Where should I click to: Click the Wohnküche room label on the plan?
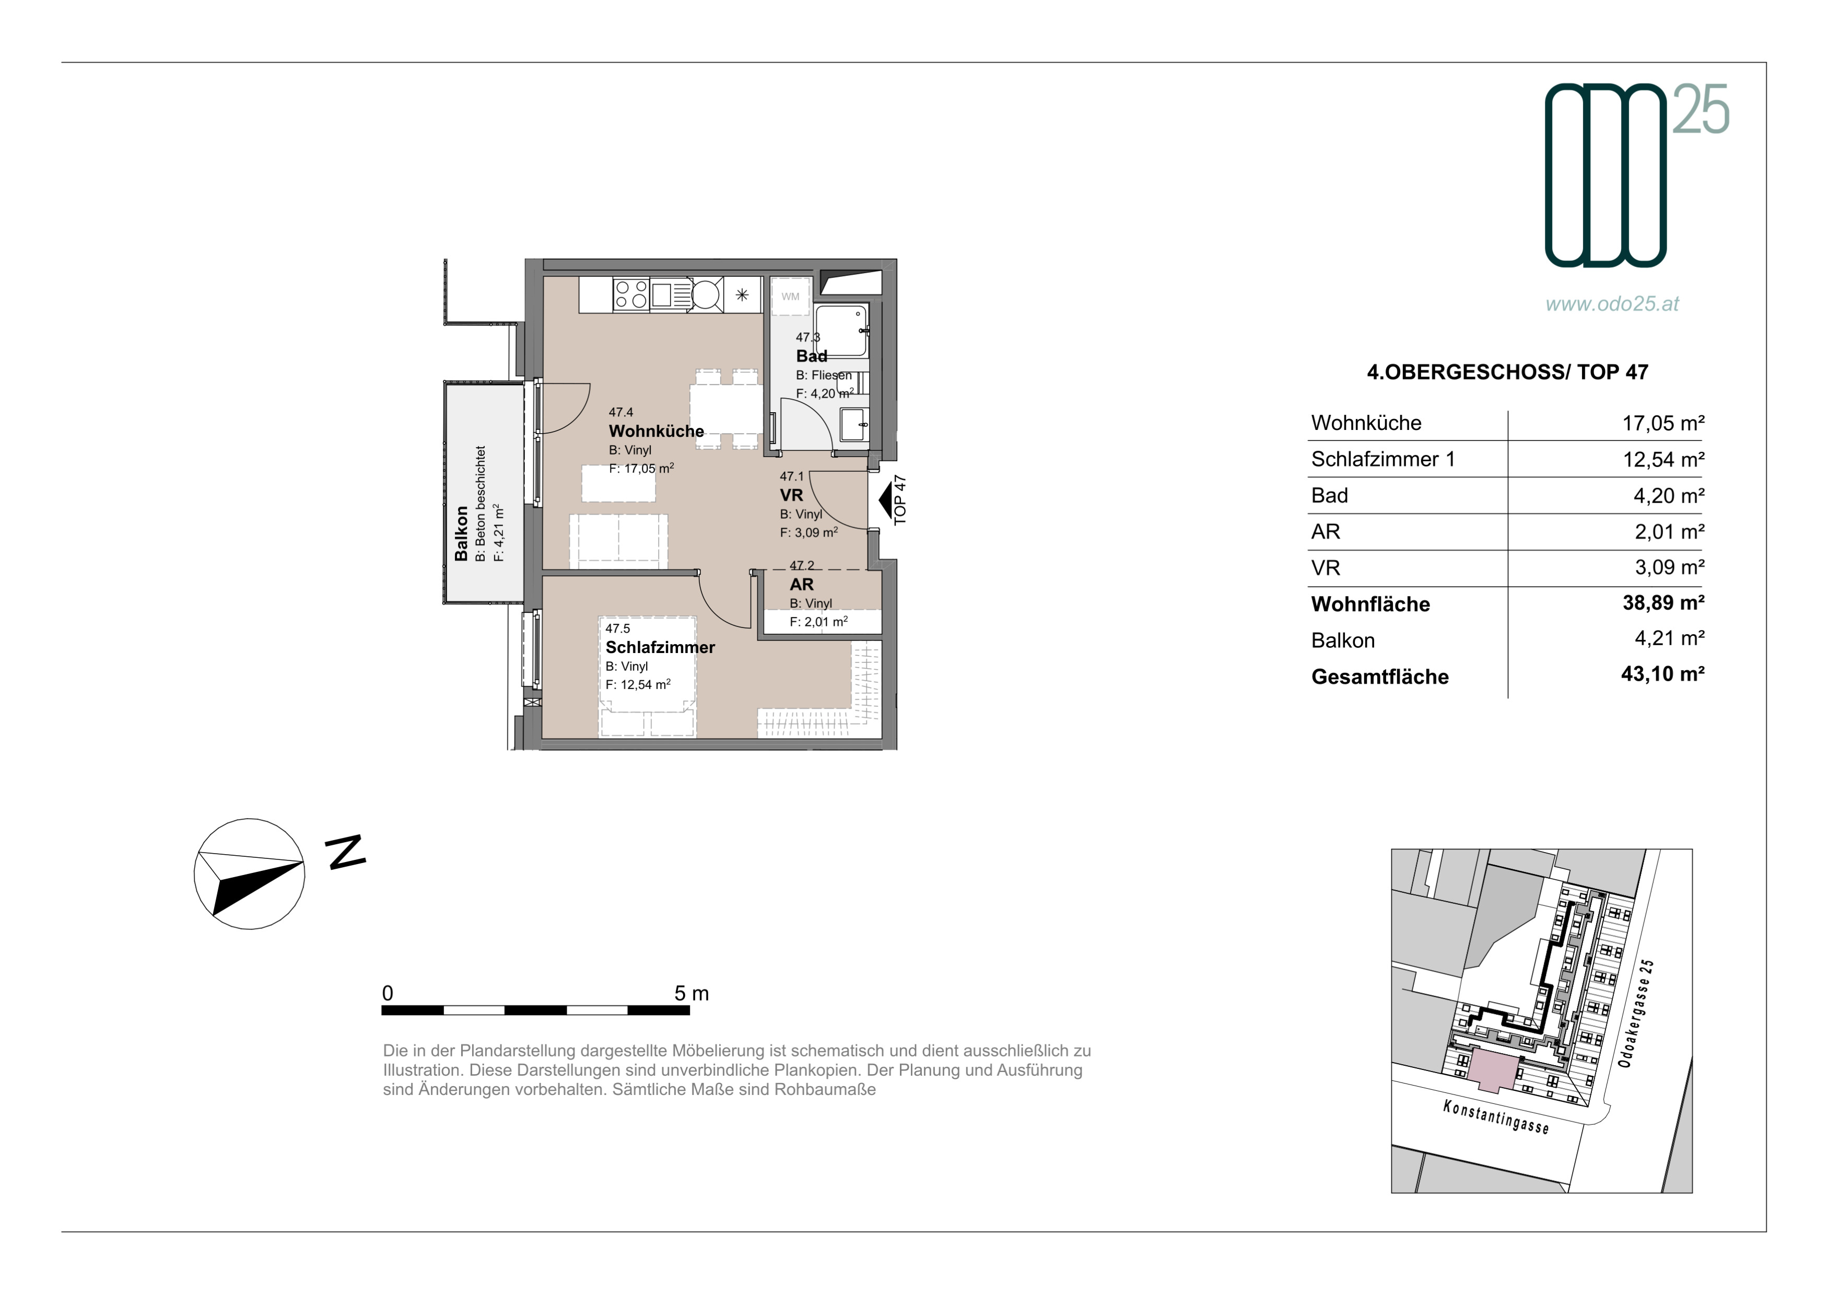656,432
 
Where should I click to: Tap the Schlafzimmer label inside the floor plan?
660,647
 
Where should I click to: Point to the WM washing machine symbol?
790,297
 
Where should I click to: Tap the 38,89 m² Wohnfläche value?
1663,603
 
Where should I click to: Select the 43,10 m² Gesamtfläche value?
1662,674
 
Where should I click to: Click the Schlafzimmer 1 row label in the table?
1383,459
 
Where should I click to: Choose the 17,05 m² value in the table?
1663,423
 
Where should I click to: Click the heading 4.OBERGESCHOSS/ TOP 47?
1507,372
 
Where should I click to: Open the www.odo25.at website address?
1612,304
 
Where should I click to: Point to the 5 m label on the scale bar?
691,994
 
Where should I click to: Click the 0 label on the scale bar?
388,994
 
